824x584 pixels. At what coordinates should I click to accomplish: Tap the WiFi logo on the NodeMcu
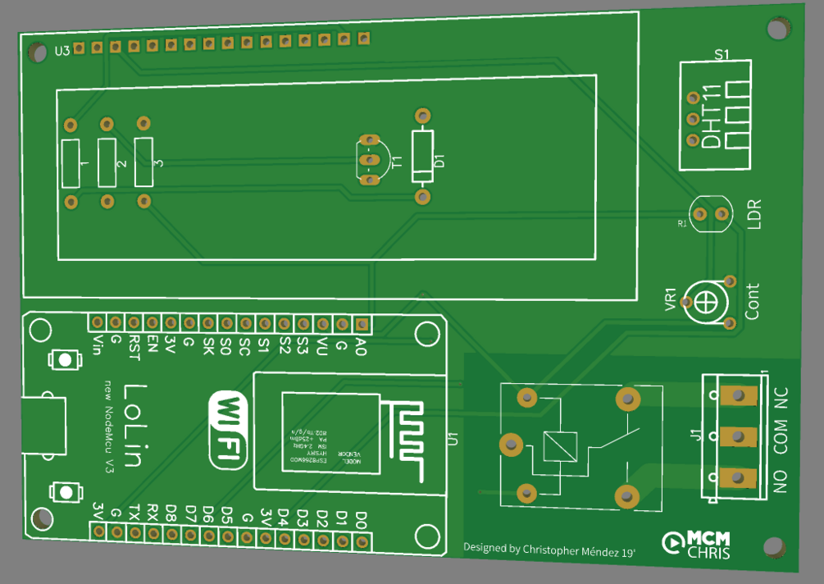coord(229,430)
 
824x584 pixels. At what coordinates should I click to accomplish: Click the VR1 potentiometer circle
coord(707,301)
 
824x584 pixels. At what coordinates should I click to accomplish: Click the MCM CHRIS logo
coord(696,544)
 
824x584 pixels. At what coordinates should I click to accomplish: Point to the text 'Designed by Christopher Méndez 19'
coord(549,549)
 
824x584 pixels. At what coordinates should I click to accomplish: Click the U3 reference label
coord(62,51)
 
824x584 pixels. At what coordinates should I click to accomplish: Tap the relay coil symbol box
coord(560,446)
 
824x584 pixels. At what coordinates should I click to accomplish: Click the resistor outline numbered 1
coord(71,163)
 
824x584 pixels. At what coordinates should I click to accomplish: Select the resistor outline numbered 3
coord(143,162)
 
